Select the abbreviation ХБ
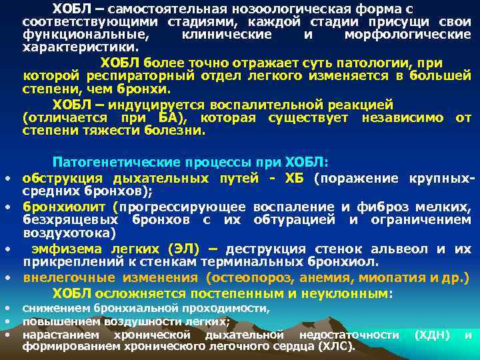click(294, 178)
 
